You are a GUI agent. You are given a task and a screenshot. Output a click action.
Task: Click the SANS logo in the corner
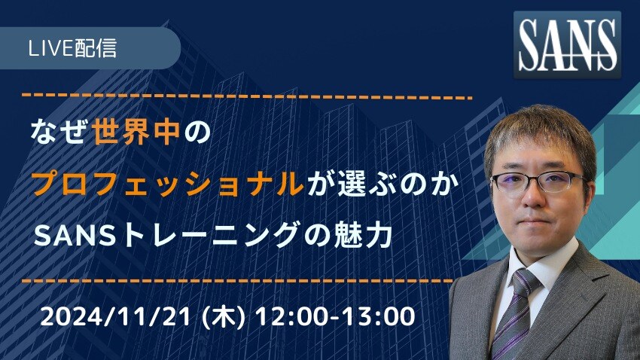[567, 44]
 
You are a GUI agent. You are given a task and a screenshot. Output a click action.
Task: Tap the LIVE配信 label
[72, 48]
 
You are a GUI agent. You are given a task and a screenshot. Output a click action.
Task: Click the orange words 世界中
[136, 132]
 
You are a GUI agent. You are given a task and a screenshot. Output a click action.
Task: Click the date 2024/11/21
[115, 317]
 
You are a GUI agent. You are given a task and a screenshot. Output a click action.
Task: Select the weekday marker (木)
[224, 317]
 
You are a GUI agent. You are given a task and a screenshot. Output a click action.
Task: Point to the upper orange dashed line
[247, 96]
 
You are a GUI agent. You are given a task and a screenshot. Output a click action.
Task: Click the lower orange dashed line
[237, 281]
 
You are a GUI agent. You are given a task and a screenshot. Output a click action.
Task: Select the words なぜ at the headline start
[59, 132]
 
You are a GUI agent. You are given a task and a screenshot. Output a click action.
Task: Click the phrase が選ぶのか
[382, 184]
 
